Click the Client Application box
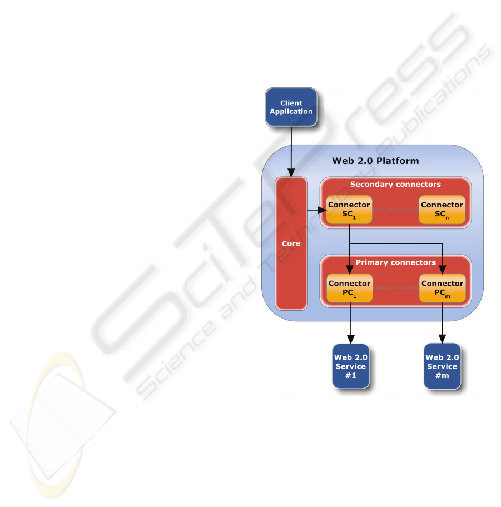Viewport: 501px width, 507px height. point(291,107)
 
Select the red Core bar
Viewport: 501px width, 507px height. point(291,243)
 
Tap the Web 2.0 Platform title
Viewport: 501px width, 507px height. point(375,161)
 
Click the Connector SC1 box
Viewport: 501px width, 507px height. point(349,210)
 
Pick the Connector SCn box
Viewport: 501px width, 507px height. point(442,210)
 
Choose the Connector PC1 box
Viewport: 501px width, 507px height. point(349,288)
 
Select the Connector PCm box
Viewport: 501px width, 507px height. point(443,288)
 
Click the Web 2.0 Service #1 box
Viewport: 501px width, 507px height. point(351,366)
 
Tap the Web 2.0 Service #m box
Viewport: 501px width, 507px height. point(442,366)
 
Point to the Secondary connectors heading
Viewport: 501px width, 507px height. point(395,185)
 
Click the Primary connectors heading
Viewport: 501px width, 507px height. point(396,262)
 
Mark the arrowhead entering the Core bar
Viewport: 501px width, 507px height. point(291,173)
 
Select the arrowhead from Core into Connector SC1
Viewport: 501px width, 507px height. point(322,210)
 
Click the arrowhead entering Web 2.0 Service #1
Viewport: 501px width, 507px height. point(351,340)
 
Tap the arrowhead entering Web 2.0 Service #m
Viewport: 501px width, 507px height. point(442,339)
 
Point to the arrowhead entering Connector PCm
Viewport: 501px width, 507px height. point(443,270)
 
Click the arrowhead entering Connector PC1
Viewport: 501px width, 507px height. point(350,270)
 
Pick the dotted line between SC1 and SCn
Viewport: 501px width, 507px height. point(395,210)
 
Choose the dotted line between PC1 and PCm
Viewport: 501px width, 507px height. point(396,288)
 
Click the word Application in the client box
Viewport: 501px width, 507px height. point(291,112)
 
